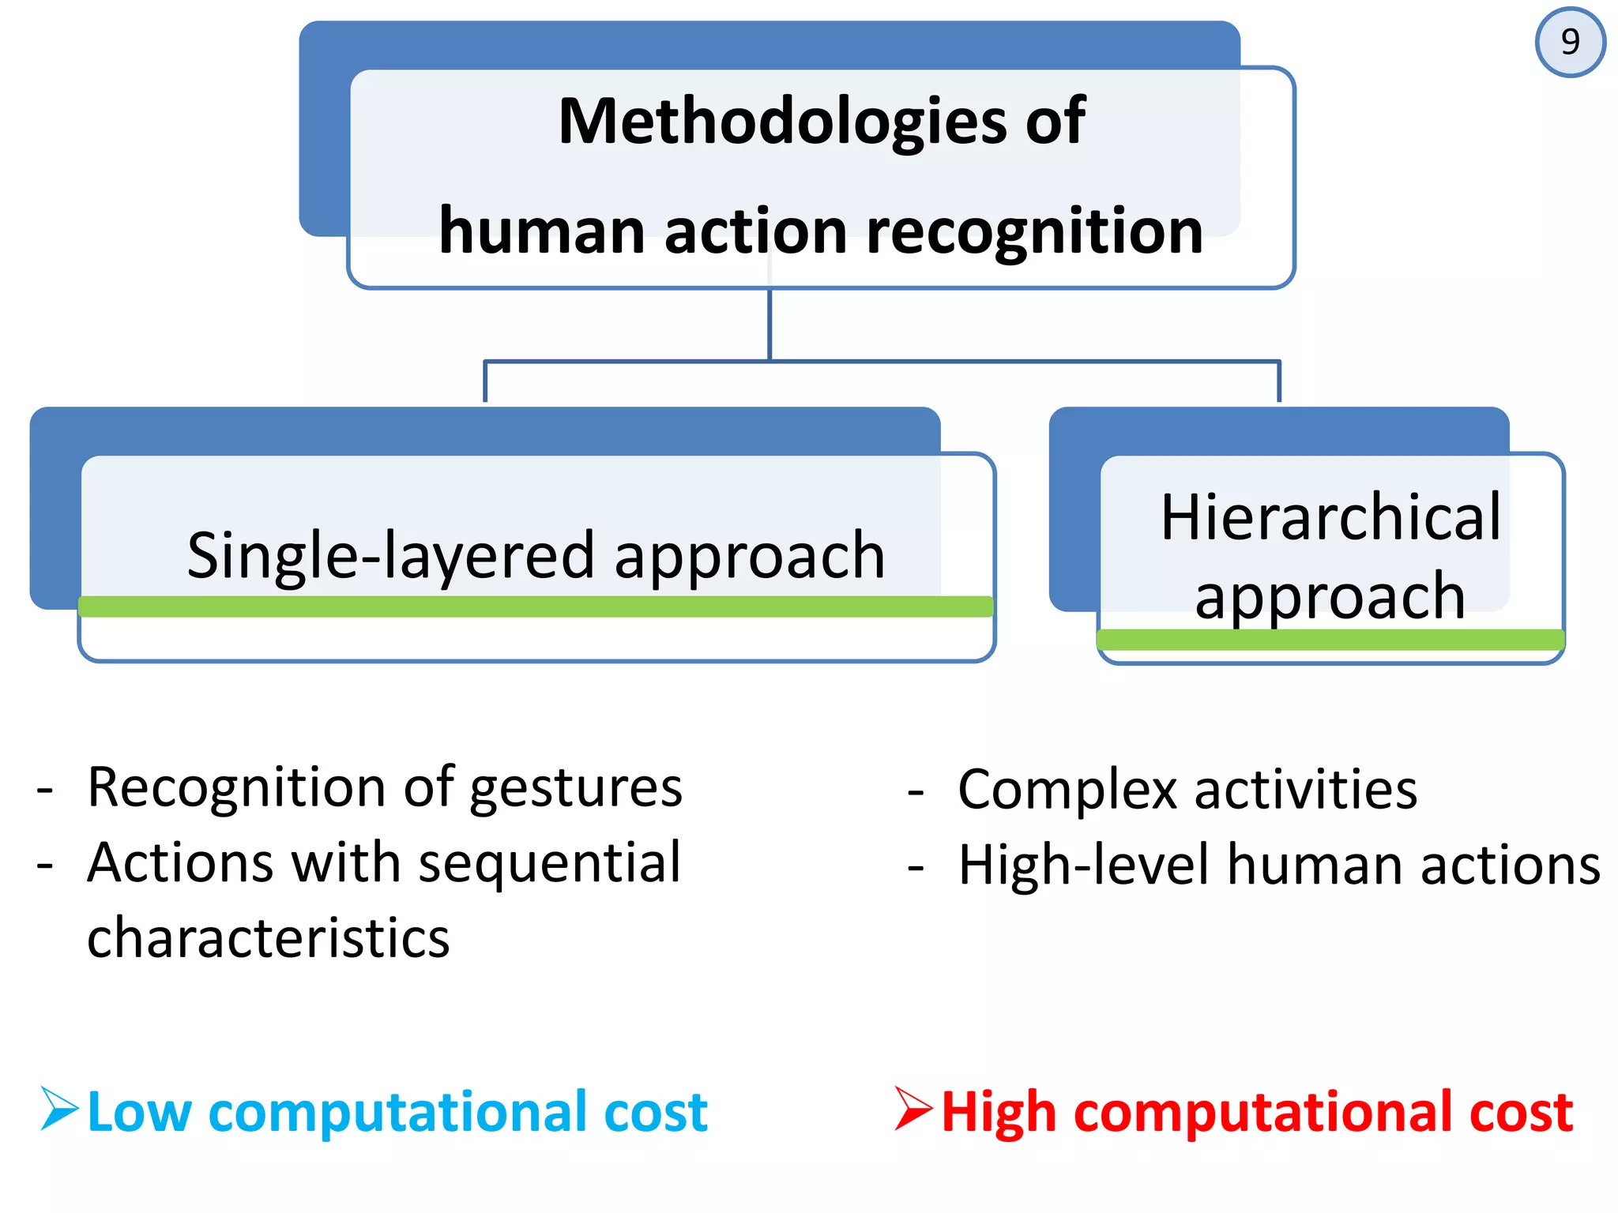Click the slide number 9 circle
pos(1570,42)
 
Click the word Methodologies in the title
pos(782,122)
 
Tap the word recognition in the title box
pos(1034,231)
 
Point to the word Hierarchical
pos(1330,517)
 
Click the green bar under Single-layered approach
pos(536,606)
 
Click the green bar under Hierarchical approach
pos(1330,640)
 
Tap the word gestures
pos(576,788)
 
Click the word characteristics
pos(268,938)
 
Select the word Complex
pos(1067,790)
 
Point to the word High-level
pos(1083,866)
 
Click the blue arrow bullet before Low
pos(59,1109)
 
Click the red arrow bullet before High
pos(913,1109)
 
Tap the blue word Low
pos(139,1112)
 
